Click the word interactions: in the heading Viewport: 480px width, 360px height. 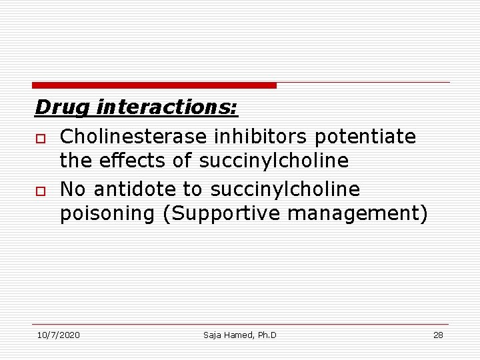point(167,107)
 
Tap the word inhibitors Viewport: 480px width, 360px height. point(261,137)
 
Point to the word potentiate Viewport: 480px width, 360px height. point(365,137)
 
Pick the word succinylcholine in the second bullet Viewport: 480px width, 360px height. point(285,190)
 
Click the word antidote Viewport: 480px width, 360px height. point(137,190)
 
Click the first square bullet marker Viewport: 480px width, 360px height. point(40,138)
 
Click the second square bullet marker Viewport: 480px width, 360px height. point(40,191)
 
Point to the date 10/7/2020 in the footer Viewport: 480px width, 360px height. point(58,335)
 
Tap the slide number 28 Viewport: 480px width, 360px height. point(438,335)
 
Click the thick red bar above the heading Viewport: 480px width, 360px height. point(154,85)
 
